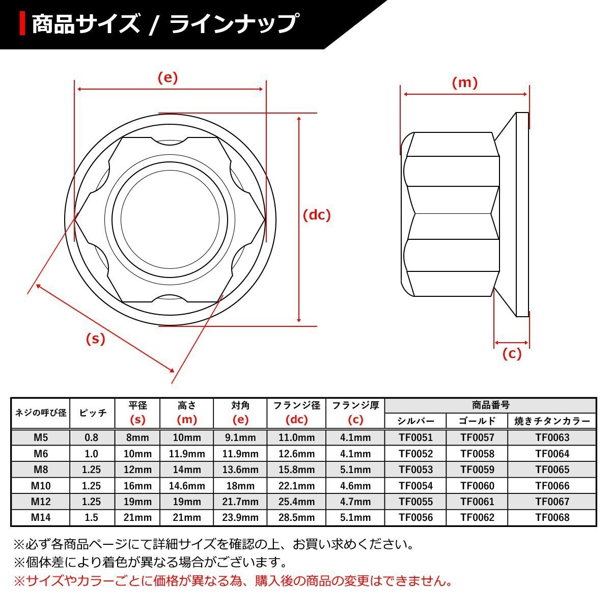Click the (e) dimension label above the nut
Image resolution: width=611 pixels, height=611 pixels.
pos(168,78)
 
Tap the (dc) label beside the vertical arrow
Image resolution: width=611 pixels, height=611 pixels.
pos(317,215)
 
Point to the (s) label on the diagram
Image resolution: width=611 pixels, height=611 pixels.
pos(95,339)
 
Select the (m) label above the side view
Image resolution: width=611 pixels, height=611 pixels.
pos(464,83)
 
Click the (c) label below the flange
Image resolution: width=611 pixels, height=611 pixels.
pos(512,353)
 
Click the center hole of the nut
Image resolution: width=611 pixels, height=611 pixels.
pos(170,220)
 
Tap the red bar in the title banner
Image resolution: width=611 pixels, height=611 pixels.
pos(22,23)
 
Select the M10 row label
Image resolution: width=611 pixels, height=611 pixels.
pos(41,485)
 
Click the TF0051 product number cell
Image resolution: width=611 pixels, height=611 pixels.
pos(415,437)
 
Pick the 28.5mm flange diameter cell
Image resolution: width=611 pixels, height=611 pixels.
pos(296,517)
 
